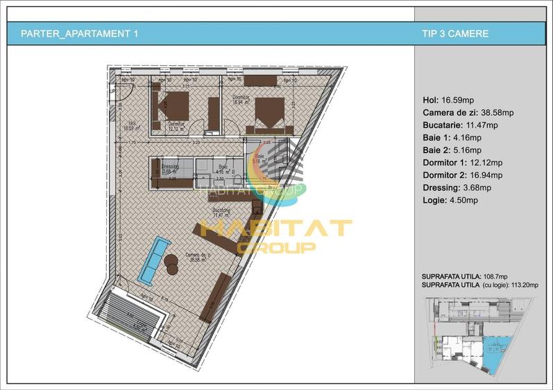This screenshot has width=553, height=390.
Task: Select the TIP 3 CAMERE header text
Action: [455, 33]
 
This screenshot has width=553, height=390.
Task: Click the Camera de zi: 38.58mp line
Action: [468, 112]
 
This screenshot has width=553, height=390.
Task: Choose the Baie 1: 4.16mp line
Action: [452, 137]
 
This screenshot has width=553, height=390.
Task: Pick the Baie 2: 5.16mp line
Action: [452, 150]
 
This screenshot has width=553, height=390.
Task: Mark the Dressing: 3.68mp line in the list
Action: [457, 187]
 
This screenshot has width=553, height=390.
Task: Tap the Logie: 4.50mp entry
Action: [450, 200]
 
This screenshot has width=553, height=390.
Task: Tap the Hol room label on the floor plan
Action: [128, 125]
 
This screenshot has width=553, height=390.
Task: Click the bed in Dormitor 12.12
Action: [173, 105]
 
